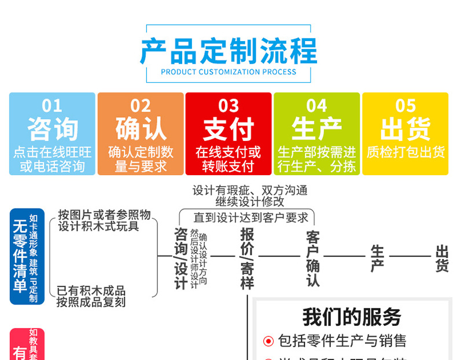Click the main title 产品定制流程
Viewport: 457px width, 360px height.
[x=228, y=51]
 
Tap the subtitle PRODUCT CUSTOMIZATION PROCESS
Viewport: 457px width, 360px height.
[x=228, y=72]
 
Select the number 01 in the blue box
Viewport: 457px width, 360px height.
[x=52, y=106]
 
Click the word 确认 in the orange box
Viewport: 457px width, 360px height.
[x=141, y=129]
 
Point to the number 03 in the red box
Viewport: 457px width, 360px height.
[x=228, y=106]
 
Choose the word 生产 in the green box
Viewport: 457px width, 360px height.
[x=316, y=129]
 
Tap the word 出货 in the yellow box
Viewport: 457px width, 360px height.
[x=405, y=129]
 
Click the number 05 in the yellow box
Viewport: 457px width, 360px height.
[x=406, y=106]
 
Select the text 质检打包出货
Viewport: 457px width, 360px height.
[x=405, y=153]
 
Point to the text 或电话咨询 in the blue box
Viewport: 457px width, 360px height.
[x=52, y=167]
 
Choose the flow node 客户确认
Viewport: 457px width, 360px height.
[x=313, y=258]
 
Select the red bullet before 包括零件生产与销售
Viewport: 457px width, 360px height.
[x=268, y=342]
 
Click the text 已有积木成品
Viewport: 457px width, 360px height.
[x=91, y=291]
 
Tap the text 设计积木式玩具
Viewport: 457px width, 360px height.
[x=98, y=226]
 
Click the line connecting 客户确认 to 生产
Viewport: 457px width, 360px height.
[x=344, y=256]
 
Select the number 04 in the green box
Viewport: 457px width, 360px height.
[x=316, y=106]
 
